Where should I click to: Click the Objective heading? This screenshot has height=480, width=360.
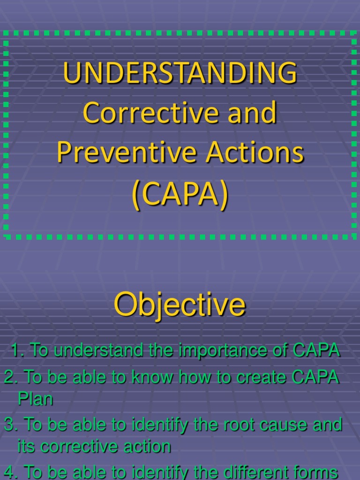(180, 305)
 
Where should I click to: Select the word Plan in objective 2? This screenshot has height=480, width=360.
(35, 399)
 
